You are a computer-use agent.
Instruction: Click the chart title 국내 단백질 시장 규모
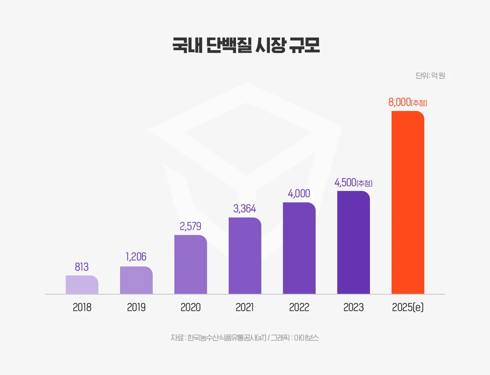[245, 46]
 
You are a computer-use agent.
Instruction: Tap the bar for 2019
[136, 280]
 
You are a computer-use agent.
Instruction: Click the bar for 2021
[245, 256]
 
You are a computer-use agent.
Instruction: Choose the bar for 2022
[299, 248]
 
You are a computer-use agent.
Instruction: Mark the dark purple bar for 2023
[354, 243]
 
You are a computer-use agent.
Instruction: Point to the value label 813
[82, 267]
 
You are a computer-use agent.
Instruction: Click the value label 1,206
[136, 257]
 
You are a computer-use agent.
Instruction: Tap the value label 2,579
[190, 226]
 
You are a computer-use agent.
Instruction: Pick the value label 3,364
[245, 209]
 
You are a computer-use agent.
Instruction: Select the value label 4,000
[299, 193]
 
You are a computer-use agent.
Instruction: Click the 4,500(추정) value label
[354, 183]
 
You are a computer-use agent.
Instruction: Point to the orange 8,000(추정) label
[408, 102]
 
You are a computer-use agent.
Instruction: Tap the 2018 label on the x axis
[82, 307]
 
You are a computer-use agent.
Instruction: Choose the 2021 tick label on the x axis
[245, 307]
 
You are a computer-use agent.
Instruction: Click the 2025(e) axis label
[408, 307]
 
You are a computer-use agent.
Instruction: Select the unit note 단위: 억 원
[430, 76]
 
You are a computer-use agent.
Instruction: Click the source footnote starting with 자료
[245, 338]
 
